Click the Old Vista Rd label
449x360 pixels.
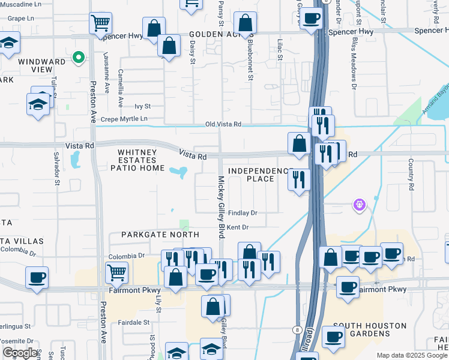coord(223,124)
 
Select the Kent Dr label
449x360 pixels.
coord(238,227)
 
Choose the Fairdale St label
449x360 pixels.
coord(134,322)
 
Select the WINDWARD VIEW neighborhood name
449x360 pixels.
coord(43,65)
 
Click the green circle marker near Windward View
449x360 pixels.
coord(77,58)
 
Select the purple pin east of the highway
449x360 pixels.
coord(360,205)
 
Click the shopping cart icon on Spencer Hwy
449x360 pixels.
coord(100,24)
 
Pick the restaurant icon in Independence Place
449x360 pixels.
coord(298,179)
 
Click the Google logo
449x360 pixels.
coord(20,353)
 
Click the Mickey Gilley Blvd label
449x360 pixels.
coord(221,207)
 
